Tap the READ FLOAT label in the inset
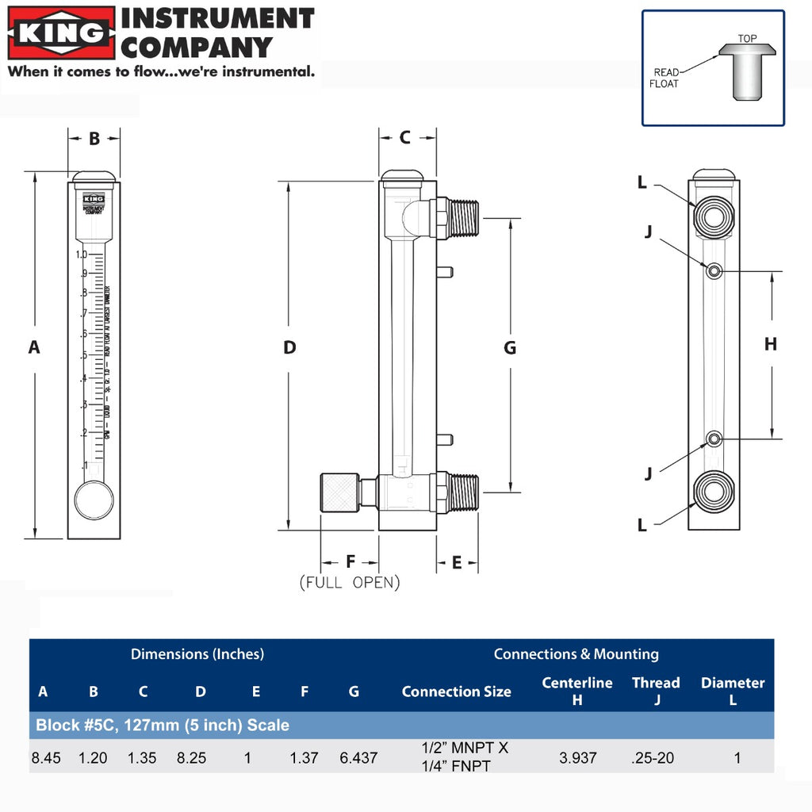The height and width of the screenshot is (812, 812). point(665,78)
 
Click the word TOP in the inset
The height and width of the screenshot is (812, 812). point(747,38)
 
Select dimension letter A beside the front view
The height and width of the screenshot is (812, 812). point(33,347)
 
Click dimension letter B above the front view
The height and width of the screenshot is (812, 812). point(94,139)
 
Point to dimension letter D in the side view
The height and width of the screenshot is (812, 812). point(289,347)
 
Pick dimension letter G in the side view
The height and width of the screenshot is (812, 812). point(510,347)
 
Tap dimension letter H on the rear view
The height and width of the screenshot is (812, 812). point(770,343)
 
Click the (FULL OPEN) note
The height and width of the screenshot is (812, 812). point(350,583)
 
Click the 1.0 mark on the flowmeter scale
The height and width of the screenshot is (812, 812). point(81,255)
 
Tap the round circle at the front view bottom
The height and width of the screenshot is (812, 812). point(94,500)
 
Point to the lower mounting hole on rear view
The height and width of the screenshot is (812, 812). point(714,439)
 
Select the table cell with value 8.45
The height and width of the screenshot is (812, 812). point(46,758)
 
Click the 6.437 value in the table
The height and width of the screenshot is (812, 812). point(358,758)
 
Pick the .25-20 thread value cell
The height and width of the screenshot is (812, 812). point(653,758)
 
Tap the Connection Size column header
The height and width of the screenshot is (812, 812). point(456,691)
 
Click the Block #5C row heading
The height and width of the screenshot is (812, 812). point(163,725)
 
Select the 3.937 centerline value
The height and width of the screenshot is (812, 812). point(577,758)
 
